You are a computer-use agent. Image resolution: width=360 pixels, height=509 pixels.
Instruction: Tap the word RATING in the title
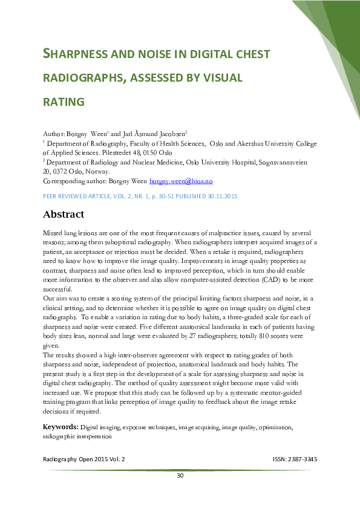(64, 102)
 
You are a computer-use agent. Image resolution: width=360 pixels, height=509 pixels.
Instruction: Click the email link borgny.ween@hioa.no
(181, 181)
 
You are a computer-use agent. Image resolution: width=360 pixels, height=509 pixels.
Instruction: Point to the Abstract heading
(64, 214)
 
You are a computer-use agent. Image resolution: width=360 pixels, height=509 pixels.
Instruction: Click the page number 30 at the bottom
(180, 476)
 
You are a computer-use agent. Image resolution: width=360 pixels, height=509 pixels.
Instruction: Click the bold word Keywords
(61, 427)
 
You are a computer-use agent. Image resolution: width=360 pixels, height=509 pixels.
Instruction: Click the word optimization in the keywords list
(275, 427)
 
